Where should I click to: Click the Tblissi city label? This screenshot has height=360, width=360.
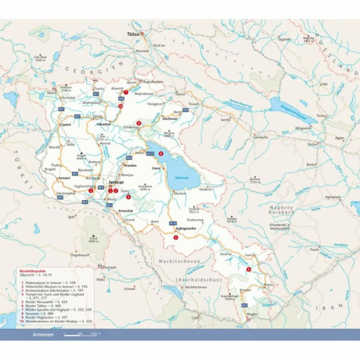[133, 34]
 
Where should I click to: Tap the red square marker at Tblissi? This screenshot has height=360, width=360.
[142, 34]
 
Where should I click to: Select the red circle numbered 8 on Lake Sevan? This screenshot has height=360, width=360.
[161, 154]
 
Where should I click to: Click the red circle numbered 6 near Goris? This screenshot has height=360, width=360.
[249, 269]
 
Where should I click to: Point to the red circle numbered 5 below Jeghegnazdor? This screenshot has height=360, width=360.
[176, 237]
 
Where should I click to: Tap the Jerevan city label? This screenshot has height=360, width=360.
[116, 182]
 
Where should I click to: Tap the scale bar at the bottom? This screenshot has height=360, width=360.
[81, 334]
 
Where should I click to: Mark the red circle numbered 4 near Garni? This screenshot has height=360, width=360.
[128, 197]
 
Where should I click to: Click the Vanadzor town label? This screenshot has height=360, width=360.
[103, 124]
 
